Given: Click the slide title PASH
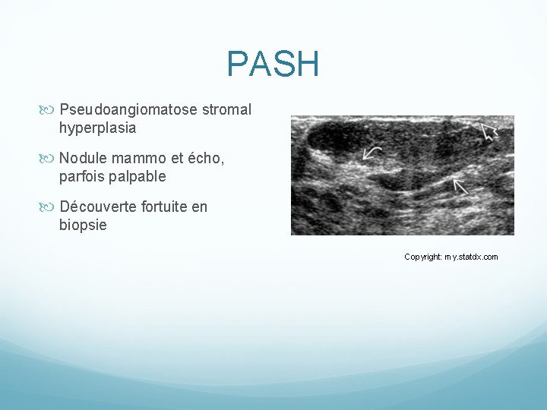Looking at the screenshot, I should (x=273, y=65).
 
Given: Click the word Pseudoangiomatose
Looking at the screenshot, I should (x=128, y=109).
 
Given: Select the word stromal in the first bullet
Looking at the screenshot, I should (x=226, y=109).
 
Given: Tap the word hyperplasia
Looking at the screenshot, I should (x=97, y=128).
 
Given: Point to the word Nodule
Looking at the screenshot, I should (x=83, y=159).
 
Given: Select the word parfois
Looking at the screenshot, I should (x=81, y=177).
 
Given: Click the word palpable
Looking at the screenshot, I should (x=138, y=177).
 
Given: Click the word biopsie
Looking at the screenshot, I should (x=83, y=225).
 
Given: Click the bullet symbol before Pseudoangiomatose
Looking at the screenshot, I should (x=51, y=110).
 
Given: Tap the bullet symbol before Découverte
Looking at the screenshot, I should (x=51, y=207).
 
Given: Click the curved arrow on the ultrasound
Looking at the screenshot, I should (x=372, y=153).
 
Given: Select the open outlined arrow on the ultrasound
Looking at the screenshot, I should (x=489, y=133).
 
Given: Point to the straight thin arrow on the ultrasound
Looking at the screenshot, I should (x=460, y=186).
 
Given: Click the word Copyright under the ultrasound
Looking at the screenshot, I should (x=422, y=257).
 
